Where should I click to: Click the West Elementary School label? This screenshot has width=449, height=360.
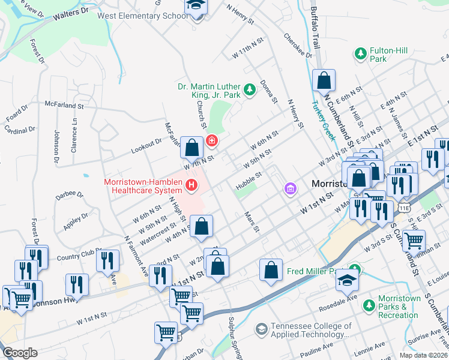(x=142, y=16)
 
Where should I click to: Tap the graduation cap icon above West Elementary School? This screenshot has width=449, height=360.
(x=196, y=6)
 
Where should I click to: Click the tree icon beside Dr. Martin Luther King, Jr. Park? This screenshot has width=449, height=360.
(x=250, y=90)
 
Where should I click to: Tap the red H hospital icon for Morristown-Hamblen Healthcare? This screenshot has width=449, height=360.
(x=191, y=184)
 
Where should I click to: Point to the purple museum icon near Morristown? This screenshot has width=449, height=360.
(x=291, y=190)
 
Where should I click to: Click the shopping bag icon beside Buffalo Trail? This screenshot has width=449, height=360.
(x=324, y=80)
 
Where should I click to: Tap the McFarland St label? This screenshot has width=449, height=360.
(x=63, y=106)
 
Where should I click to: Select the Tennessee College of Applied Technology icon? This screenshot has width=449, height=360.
(x=261, y=329)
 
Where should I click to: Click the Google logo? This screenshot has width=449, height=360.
(x=20, y=353)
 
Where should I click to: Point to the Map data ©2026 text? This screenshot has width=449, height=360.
(x=423, y=355)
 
